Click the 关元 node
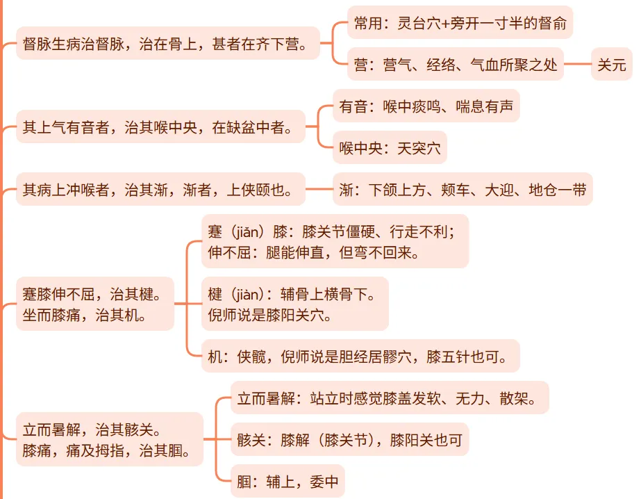coord(612,65)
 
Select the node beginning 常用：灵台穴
coord(460,25)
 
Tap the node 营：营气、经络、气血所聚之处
coord(456,65)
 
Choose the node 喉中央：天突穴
coord(390,147)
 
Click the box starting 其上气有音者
coord(160,127)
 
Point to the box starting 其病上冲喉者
coord(160,189)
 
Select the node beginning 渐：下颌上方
coord(463,189)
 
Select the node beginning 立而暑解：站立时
coord(390,399)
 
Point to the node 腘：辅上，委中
coord(288,481)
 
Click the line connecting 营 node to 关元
coord(577,65)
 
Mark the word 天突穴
coord(419,147)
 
